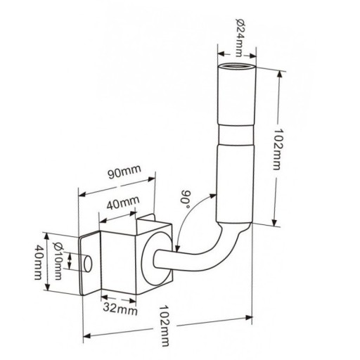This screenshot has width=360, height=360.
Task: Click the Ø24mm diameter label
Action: [240, 37]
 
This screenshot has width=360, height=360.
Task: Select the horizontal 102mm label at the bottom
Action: [165, 326]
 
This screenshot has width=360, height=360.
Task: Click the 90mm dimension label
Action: [124, 172]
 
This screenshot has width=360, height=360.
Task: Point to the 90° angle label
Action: [186, 199]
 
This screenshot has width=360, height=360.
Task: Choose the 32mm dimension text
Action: [120, 309]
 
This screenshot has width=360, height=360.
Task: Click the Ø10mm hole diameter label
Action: [58, 261]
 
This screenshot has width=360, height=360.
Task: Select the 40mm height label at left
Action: [38, 262]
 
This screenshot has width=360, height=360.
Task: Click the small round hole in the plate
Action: [88, 264]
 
